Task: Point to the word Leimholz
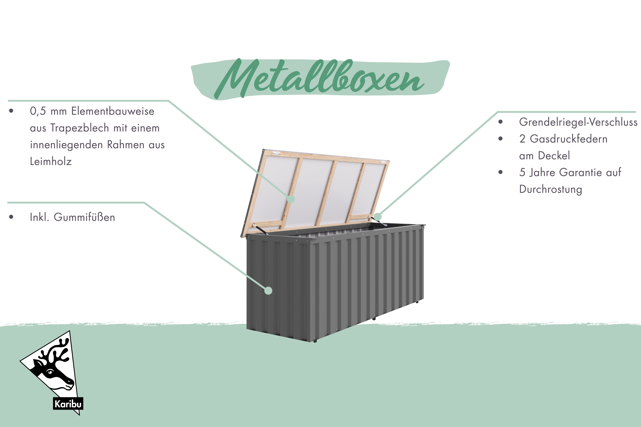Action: coord(51,161)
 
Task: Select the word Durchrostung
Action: coord(551,189)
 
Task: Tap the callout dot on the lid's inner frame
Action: coord(291,199)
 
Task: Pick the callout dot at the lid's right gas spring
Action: coord(377,217)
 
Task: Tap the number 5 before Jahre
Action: coord(522,172)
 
